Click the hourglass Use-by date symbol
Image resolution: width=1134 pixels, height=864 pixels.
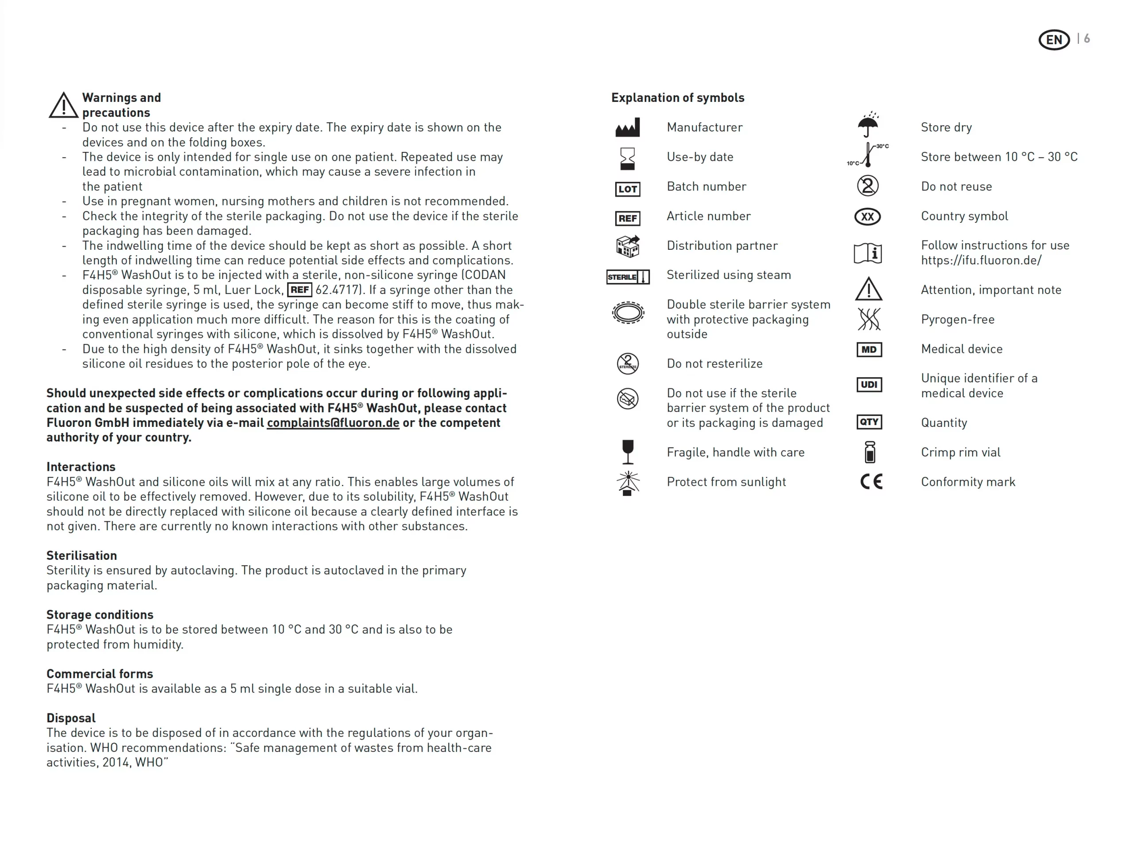[627, 159]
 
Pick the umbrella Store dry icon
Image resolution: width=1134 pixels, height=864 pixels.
[868, 125]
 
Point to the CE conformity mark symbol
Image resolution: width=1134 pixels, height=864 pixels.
[871, 481]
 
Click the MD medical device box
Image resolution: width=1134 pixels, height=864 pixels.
[869, 350]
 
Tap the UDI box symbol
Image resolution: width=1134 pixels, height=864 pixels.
[869, 385]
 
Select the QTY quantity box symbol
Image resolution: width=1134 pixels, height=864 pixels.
[869, 422]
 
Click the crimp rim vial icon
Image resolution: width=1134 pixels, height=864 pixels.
[870, 452]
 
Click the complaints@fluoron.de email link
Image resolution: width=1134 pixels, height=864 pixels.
[333, 423]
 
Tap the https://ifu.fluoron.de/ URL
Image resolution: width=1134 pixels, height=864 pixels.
[981, 260]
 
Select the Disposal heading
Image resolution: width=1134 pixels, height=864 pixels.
[71, 718]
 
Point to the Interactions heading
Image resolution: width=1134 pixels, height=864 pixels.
[81, 466]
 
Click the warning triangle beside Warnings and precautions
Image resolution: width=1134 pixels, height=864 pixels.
[63, 105]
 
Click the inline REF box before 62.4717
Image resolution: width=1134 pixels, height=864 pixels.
[299, 290]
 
